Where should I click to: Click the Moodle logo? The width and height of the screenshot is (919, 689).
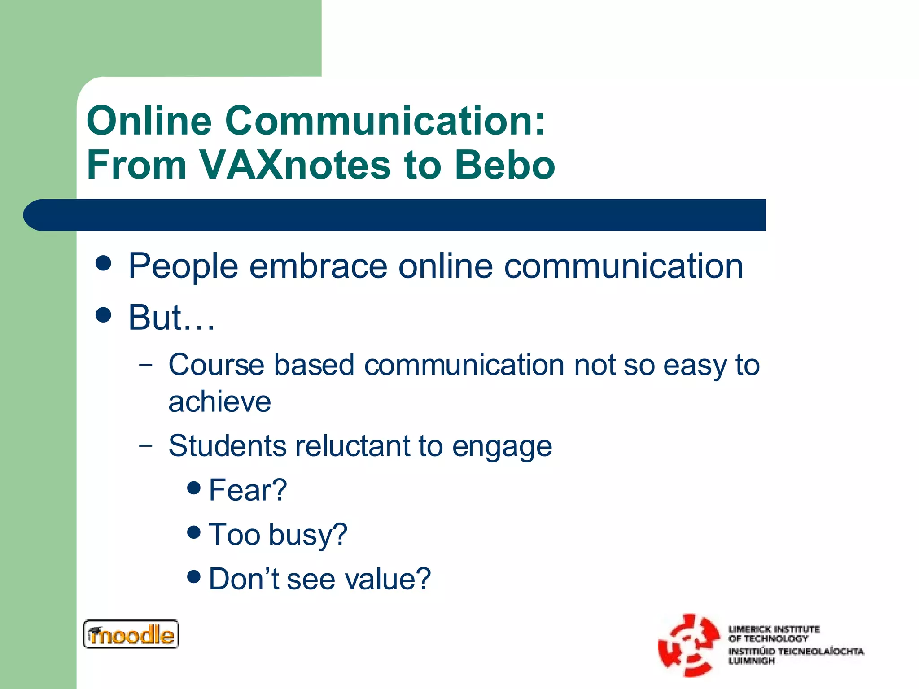(x=131, y=634)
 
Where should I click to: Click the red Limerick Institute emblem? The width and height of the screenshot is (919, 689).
(x=688, y=645)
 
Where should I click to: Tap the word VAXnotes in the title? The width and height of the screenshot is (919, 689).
(x=294, y=165)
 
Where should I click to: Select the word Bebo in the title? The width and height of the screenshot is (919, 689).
(x=505, y=165)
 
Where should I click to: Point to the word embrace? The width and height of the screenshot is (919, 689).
(x=318, y=266)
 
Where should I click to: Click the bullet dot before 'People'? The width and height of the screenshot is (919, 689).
(x=104, y=263)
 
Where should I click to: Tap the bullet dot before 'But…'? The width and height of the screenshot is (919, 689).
(x=104, y=315)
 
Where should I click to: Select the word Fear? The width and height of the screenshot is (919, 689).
(x=248, y=490)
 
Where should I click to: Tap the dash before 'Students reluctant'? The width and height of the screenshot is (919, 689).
(x=145, y=445)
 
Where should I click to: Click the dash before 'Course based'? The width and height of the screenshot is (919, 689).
(x=145, y=364)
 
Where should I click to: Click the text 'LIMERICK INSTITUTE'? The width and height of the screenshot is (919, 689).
(x=774, y=629)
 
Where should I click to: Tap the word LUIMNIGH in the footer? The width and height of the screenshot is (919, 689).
(x=751, y=661)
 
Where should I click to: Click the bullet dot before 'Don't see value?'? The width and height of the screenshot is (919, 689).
(x=194, y=576)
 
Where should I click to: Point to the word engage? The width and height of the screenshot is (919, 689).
(x=502, y=447)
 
